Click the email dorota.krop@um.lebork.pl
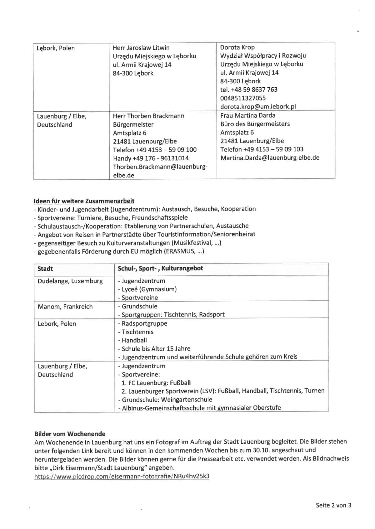click(x=258, y=106)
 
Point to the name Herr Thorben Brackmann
click(x=148, y=116)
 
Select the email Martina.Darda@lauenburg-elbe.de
click(x=270, y=158)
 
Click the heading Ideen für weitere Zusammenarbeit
click(x=84, y=201)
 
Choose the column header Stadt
click(x=45, y=269)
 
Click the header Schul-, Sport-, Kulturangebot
click(x=160, y=268)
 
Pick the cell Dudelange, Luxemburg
click(x=70, y=281)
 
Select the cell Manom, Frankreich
click(x=65, y=307)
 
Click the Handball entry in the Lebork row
click(x=134, y=340)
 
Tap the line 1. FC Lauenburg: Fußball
click(x=156, y=383)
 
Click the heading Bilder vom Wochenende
click(x=70, y=434)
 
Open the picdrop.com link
click(x=122, y=476)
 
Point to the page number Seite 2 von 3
click(x=333, y=505)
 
